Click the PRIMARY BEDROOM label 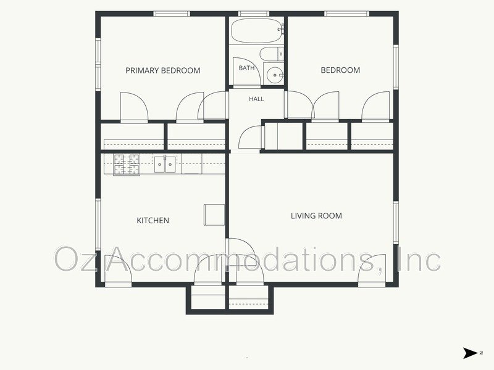[163, 70]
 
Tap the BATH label [246, 68]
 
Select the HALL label [256, 99]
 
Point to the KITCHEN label [153, 221]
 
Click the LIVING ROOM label [316, 216]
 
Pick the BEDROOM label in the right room [340, 70]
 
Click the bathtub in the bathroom [257, 30]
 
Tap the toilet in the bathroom [272, 54]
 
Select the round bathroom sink [274, 75]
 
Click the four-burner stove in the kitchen [127, 165]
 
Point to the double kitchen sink [165, 164]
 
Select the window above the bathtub [254, 14]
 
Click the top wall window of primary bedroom [172, 14]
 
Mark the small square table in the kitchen [214, 215]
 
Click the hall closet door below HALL [251, 137]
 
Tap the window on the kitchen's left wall [98, 224]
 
